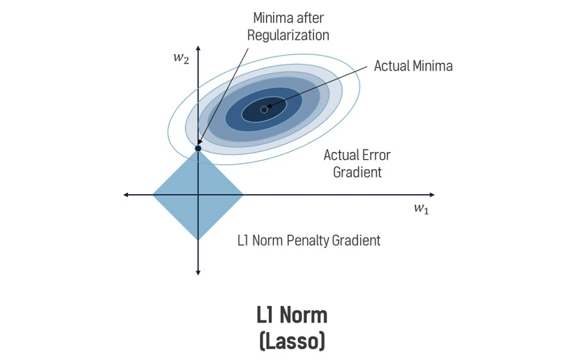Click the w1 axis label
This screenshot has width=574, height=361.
(x=421, y=209)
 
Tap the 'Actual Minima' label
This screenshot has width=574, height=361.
(x=413, y=66)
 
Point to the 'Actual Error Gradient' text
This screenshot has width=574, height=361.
(x=357, y=164)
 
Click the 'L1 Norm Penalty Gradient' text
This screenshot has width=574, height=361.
(x=308, y=241)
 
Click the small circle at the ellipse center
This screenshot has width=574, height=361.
(x=264, y=110)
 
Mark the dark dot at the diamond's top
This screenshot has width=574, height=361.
(x=198, y=148)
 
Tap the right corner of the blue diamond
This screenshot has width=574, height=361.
(x=242, y=194)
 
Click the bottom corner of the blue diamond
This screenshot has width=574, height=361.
(x=198, y=239)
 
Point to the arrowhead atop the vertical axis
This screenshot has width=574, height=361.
(x=198, y=49)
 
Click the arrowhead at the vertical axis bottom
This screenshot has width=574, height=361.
(x=198, y=273)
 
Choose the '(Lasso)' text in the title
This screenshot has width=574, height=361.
(x=291, y=340)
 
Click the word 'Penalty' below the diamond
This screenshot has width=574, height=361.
(x=308, y=241)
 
